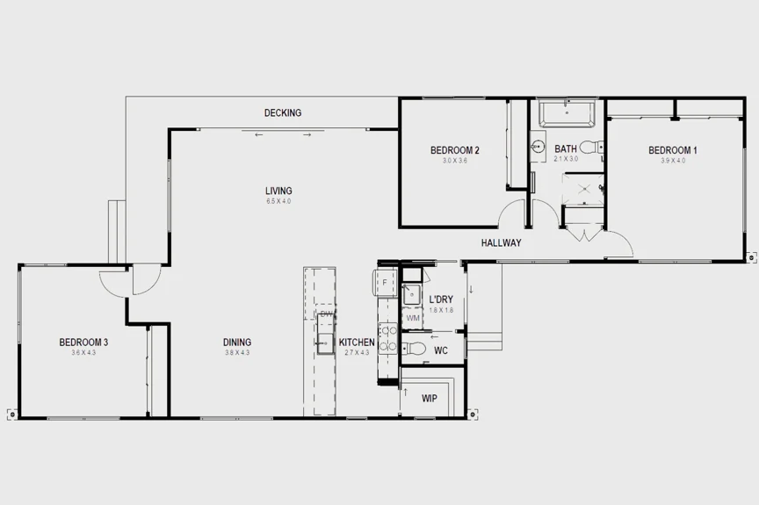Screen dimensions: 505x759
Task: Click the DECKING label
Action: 283,112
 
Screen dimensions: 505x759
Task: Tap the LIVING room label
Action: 278,191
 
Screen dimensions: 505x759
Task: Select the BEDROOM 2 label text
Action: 454,150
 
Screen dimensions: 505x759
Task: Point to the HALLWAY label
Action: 502,243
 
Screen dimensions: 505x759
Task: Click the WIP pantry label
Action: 430,399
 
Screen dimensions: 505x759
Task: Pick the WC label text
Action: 441,350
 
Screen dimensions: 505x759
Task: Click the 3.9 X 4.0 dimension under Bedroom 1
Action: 672,161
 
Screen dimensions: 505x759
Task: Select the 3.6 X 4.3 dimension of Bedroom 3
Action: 83,353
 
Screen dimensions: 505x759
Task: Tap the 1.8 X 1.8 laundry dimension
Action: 441,310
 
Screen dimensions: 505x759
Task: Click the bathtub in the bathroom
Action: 567,114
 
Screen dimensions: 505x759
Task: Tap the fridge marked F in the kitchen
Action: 385,282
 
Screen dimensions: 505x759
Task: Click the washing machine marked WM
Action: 413,318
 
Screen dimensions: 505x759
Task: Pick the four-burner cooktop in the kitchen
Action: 386,338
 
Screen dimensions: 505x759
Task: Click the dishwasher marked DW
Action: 326,314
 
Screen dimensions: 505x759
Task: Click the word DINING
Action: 237,343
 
